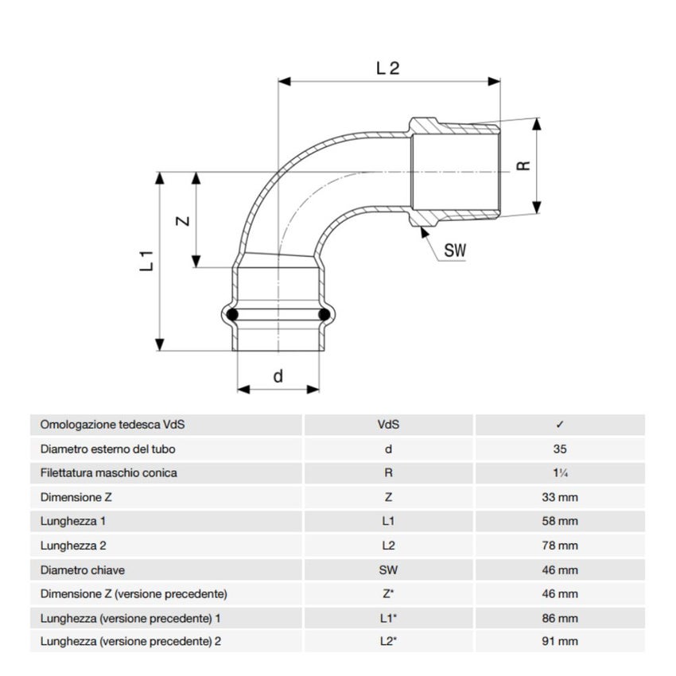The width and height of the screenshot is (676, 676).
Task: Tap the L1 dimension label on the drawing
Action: click(x=146, y=260)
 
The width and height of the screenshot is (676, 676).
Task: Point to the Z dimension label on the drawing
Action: click(x=183, y=221)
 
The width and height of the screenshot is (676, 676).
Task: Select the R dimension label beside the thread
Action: click(x=523, y=165)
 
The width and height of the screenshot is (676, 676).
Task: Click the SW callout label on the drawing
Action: click(x=455, y=251)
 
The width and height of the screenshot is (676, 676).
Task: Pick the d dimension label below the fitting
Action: click(x=278, y=376)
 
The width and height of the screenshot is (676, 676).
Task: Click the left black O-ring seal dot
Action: click(x=232, y=317)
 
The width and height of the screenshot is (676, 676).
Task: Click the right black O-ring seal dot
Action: click(x=324, y=317)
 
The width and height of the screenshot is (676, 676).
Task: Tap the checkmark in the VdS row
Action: click(x=560, y=425)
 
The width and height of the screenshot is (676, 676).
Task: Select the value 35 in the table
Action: click(x=560, y=449)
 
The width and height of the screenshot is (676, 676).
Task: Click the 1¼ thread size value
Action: click(x=560, y=473)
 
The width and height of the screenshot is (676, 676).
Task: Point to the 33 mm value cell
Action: click(x=560, y=498)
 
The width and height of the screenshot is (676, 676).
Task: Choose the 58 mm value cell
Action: click(x=560, y=522)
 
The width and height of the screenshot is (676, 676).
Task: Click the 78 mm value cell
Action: click(x=560, y=546)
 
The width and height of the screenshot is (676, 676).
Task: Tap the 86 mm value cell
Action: click(x=560, y=618)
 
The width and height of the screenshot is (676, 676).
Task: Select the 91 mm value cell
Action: click(x=560, y=642)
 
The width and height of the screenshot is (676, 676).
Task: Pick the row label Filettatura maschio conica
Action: click(x=108, y=473)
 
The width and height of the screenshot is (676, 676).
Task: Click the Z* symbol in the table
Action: click(x=388, y=594)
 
